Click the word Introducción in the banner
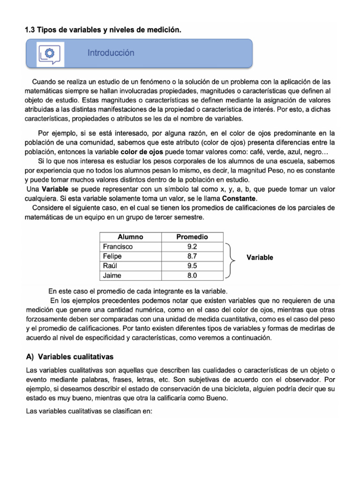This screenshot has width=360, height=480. click(111, 53)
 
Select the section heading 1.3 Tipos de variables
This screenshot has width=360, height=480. click(102, 30)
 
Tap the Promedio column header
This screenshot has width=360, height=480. click(192, 237)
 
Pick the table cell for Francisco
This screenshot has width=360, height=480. click(118, 247)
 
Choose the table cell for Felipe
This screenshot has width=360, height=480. click(112, 256)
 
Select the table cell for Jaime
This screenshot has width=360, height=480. click(112, 276)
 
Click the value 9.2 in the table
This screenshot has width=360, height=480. click(192, 247)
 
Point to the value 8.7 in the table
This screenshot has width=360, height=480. click(192, 256)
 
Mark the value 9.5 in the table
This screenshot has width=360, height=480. click(192, 266)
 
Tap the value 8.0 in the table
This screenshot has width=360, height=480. click(192, 276)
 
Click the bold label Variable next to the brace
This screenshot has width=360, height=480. click(260, 257)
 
